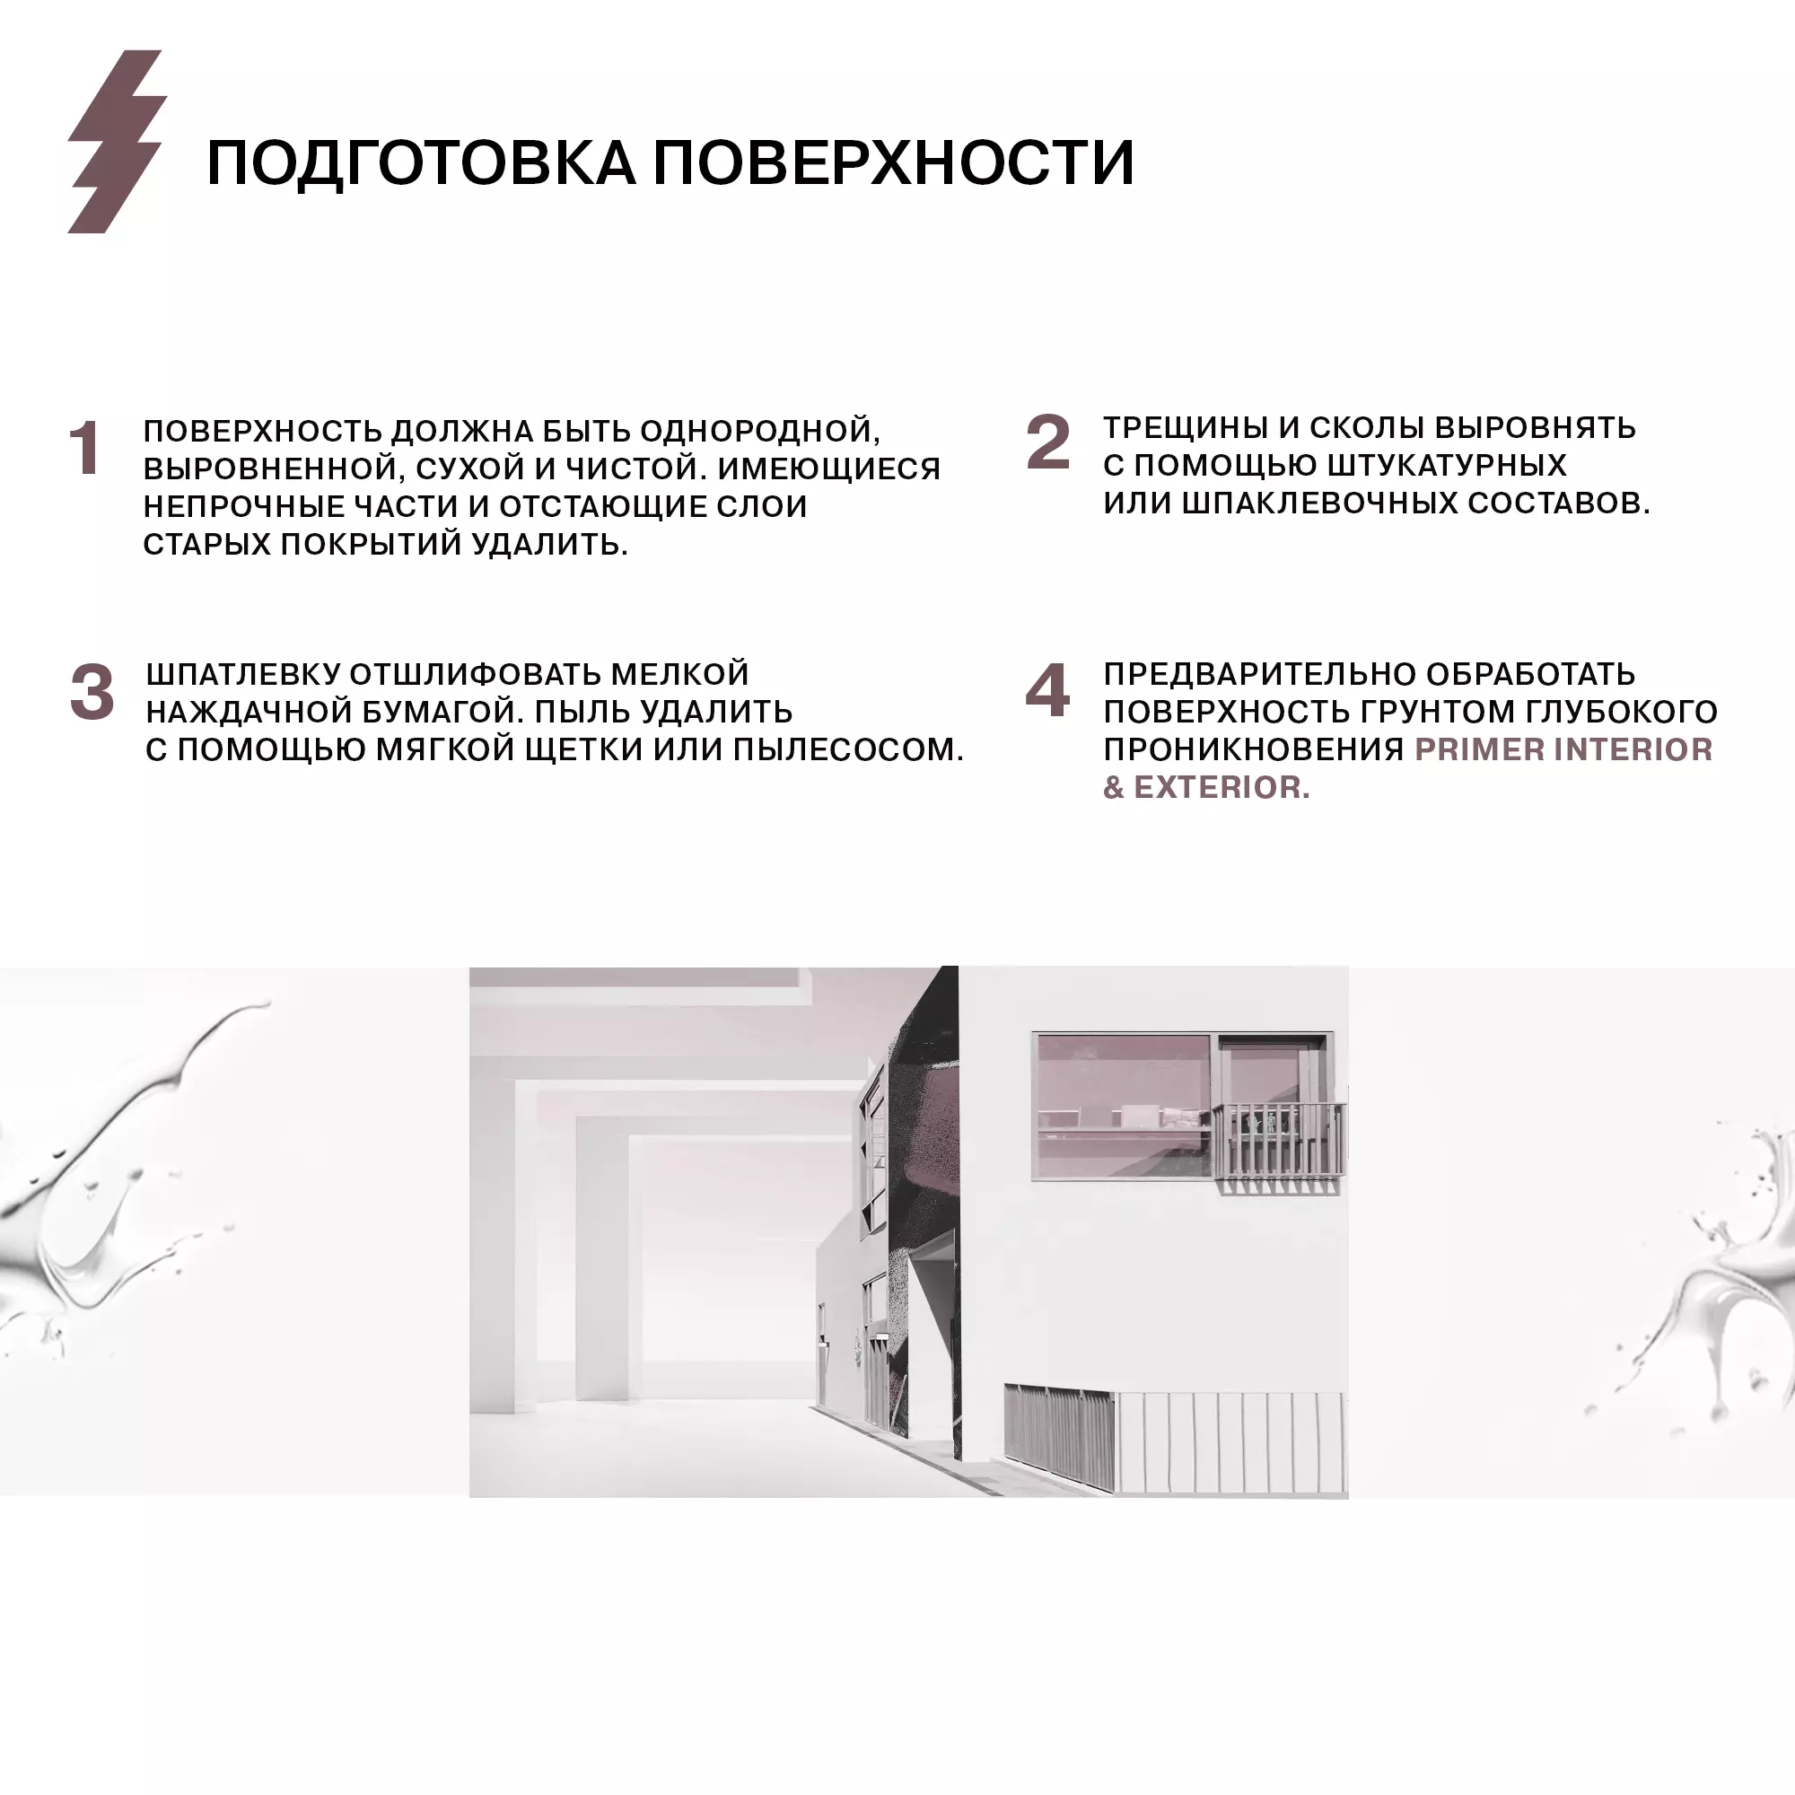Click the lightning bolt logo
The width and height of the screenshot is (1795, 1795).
click(117, 141)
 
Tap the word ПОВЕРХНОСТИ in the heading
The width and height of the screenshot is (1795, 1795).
click(893, 163)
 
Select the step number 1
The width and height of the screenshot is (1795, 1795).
click(85, 448)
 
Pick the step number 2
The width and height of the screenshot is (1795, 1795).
click(1048, 442)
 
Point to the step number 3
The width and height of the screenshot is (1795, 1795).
click(92, 692)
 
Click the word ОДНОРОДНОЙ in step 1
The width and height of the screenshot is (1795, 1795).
click(760, 432)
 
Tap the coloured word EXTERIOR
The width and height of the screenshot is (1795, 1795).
click(1221, 788)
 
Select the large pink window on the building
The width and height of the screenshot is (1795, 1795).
click(1124, 1106)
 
